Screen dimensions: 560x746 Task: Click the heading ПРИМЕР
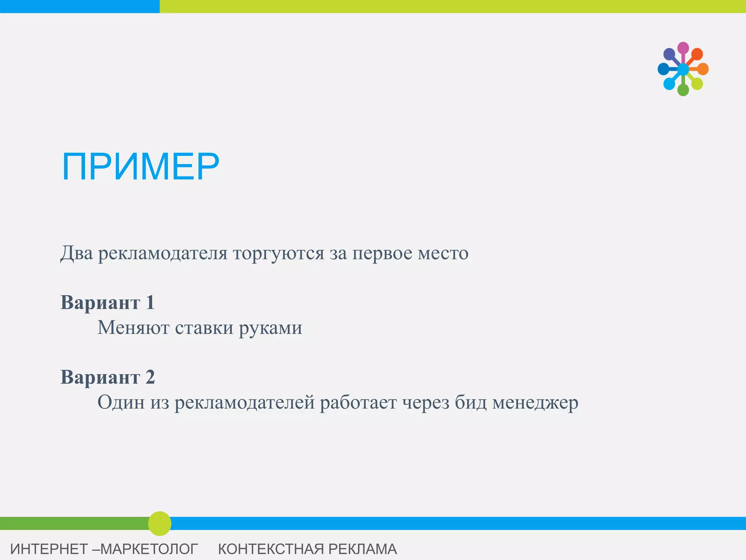tap(141, 167)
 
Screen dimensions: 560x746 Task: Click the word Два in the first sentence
tap(76, 253)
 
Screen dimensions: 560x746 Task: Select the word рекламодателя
tap(163, 253)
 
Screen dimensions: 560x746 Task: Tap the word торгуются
tap(279, 253)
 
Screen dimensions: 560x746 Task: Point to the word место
tap(443, 253)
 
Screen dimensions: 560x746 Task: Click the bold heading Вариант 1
tap(107, 303)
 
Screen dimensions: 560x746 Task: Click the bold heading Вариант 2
tap(107, 377)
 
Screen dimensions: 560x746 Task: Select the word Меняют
tap(133, 327)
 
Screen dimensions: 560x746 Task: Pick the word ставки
tap(204, 327)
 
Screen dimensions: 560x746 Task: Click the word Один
tap(121, 402)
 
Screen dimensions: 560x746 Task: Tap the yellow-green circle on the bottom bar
tap(160, 524)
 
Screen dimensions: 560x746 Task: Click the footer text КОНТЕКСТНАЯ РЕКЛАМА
tap(307, 549)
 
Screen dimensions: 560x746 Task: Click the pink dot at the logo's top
tap(683, 48)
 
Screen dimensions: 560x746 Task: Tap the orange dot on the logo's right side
tap(703, 69)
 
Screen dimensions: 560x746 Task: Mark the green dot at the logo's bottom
tap(683, 90)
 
